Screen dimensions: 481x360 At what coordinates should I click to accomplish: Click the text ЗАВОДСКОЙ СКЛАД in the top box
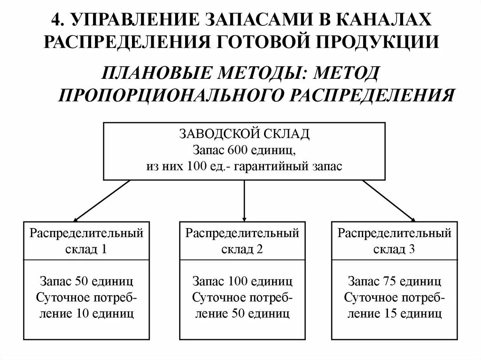(244, 134)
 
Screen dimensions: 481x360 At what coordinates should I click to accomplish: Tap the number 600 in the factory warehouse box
(235, 151)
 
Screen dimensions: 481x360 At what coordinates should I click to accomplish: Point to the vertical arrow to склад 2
(244, 199)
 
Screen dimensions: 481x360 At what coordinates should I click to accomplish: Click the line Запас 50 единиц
(86, 282)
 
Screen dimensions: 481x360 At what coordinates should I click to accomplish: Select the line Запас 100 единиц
(242, 282)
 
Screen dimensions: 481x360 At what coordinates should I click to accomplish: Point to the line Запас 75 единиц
(395, 282)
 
